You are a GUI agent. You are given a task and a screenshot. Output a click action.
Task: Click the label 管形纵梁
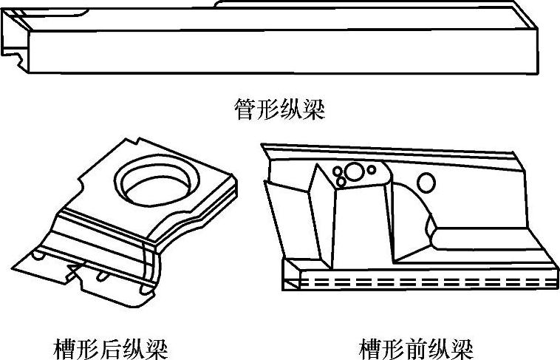(279, 111)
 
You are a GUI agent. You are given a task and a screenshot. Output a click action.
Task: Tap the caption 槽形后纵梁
(112, 347)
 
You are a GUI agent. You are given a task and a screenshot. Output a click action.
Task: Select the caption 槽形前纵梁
(416, 347)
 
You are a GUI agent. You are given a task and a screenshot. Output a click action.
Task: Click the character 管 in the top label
(244, 111)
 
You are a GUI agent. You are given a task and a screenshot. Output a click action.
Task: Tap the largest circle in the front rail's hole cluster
(355, 172)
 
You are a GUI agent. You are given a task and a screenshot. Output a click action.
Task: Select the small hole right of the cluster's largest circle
(372, 170)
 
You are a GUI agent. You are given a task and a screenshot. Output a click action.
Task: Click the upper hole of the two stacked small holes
(339, 171)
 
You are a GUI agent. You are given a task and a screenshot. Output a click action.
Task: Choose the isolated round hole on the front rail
(426, 181)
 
